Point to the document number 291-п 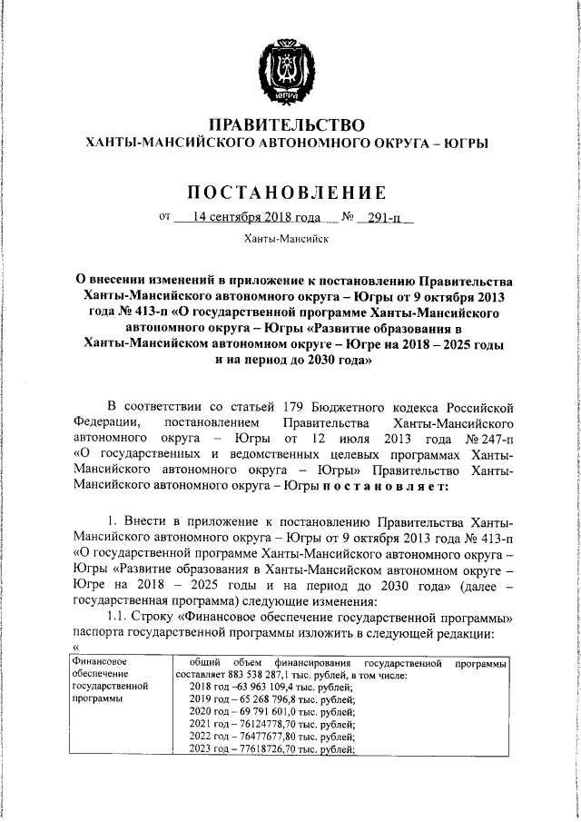385,218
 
